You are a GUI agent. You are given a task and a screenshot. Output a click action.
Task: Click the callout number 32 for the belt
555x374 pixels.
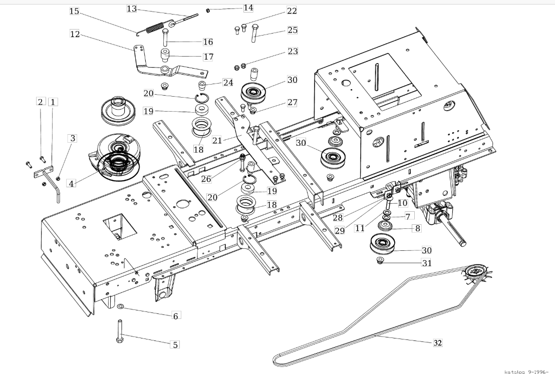pyautogui.click(x=438, y=342)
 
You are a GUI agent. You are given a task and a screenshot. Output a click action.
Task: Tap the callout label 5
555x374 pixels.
pyautogui.click(x=175, y=344)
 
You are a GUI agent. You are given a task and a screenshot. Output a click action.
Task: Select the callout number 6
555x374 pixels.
pyautogui.click(x=175, y=315)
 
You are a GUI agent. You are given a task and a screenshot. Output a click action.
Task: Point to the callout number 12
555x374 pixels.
pyautogui.click(x=75, y=35)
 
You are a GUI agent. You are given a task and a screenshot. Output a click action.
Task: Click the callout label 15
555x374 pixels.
pyautogui.click(x=74, y=11)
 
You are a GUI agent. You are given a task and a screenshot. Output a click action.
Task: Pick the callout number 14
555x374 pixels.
pyautogui.click(x=248, y=8)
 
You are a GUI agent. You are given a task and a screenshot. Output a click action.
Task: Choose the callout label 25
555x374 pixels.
pyautogui.click(x=293, y=30)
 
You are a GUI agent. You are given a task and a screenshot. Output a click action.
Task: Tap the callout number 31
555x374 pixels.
pyautogui.click(x=427, y=263)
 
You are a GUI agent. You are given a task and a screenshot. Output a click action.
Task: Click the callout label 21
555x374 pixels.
pyautogui.click(x=217, y=140)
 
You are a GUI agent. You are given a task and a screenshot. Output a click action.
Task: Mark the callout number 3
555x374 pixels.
pyautogui.click(x=73, y=138)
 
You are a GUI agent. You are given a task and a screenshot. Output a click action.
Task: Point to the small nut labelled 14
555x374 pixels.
pyautogui.click(x=208, y=10)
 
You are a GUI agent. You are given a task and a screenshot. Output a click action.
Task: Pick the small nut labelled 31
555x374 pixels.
pyautogui.click(x=380, y=261)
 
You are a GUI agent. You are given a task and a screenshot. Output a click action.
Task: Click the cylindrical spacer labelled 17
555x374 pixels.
pyautogui.click(x=165, y=55)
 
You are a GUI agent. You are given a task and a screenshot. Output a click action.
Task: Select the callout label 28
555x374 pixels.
pyautogui.click(x=338, y=217)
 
